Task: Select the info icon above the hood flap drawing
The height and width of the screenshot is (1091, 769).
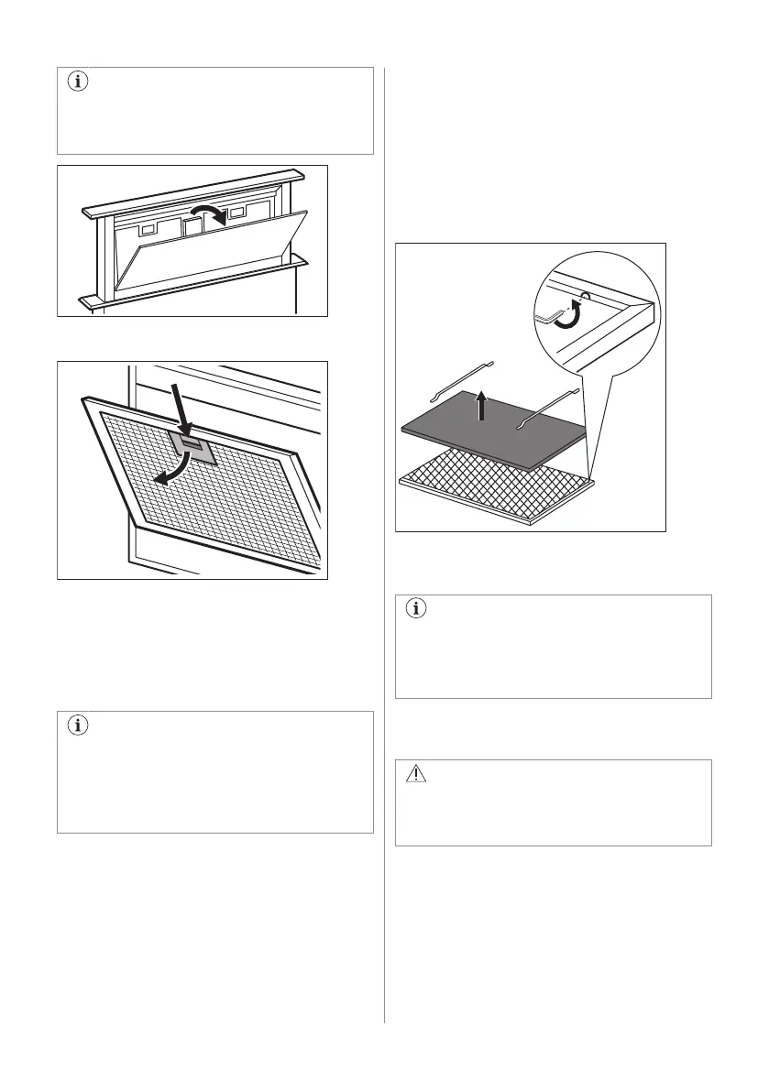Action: [x=77, y=82]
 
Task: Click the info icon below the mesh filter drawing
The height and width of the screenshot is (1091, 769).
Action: [x=77, y=726]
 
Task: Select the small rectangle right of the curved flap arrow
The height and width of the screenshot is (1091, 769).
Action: [x=237, y=213]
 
